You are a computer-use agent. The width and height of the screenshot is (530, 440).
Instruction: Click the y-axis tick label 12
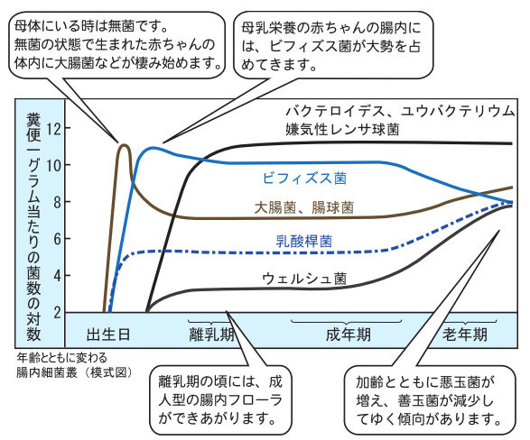[x=54, y=129]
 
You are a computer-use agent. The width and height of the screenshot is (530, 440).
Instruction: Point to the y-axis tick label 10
[x=54, y=165]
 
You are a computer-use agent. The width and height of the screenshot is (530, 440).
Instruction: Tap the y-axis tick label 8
[x=57, y=202]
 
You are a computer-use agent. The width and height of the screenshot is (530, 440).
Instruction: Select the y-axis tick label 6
[x=57, y=239]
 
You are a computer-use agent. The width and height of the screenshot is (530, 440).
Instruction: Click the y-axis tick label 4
[x=57, y=276]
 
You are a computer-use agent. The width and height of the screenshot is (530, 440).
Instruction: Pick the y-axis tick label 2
[x=57, y=313]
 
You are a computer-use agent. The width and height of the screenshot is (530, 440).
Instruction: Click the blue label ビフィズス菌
[x=304, y=179]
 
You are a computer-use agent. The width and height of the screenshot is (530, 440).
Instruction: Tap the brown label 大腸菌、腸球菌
[x=304, y=207]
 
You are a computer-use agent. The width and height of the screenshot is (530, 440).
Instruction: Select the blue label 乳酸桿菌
[x=304, y=242]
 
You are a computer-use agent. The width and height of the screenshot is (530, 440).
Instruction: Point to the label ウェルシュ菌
[x=304, y=279]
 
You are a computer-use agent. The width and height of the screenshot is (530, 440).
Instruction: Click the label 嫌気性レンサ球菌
[x=342, y=129]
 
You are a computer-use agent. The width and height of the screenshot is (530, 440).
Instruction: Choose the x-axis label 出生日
[x=108, y=335]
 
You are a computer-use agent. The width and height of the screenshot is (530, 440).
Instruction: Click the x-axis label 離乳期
[x=211, y=335]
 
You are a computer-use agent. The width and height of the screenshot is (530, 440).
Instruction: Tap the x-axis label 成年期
[x=349, y=335]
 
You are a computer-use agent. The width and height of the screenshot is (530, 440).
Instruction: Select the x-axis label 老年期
[x=465, y=335]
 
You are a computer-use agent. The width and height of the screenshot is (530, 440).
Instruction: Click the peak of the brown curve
[x=125, y=145]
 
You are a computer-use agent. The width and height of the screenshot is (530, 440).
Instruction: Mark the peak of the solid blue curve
[x=153, y=148]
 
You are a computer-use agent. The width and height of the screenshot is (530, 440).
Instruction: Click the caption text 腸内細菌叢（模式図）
[x=75, y=372]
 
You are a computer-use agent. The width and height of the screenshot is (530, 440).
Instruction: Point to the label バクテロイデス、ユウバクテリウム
[x=400, y=111]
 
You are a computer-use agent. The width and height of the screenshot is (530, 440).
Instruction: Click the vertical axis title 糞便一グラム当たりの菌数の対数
[x=33, y=227]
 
